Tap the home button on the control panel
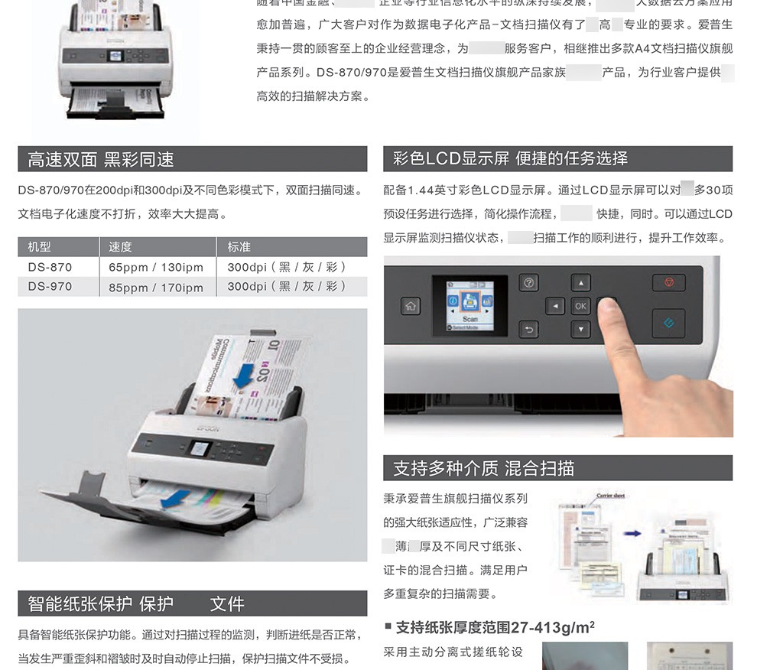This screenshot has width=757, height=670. pos(411,307)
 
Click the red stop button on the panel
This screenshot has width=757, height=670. pos(668,283)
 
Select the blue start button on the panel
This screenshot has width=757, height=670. pos(668,323)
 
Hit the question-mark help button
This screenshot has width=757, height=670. pos(529,282)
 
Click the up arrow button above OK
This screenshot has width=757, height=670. pos(581,283)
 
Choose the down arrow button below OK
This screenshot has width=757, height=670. pos(581,330)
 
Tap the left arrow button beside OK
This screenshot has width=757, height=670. pos(554,307)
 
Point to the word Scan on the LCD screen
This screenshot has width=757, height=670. pos(469,318)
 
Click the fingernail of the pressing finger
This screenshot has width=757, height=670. pos(608,306)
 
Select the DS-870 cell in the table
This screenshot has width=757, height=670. pos(50,267)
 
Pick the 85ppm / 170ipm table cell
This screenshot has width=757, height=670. pos(156,287)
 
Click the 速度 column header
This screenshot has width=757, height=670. pos(120,247)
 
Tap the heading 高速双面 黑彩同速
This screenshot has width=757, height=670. pos(101,160)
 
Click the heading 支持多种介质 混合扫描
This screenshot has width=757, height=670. pos(483,468)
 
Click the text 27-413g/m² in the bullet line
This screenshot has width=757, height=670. pos(544,628)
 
